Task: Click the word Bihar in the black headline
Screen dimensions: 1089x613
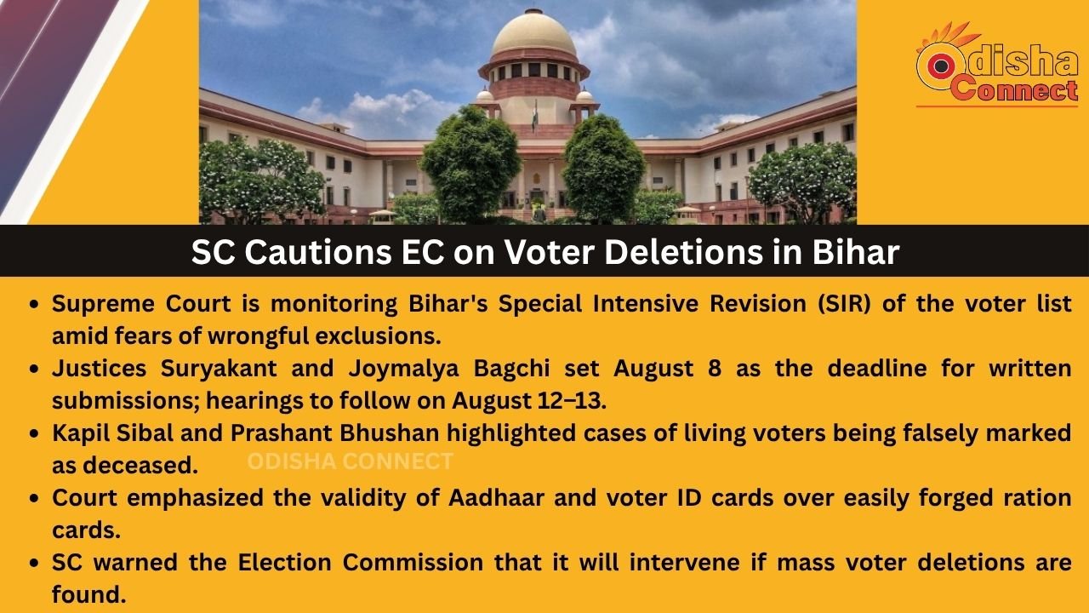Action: [x=856, y=252]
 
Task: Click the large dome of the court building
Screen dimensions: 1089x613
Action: [x=533, y=35]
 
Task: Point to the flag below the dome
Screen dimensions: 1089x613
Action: [x=535, y=115]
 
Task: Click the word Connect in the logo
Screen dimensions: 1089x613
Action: [x=1013, y=89]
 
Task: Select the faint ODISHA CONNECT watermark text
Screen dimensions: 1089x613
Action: [x=350, y=461]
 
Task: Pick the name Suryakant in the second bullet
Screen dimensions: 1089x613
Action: [x=219, y=369]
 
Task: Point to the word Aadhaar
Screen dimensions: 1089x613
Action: [x=496, y=497]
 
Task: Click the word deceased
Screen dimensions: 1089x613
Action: [x=140, y=465]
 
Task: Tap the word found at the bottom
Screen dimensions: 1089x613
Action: [x=89, y=594]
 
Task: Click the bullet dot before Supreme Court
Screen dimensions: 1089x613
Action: [x=33, y=305]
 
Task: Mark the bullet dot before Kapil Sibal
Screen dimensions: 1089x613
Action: [x=33, y=433]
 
